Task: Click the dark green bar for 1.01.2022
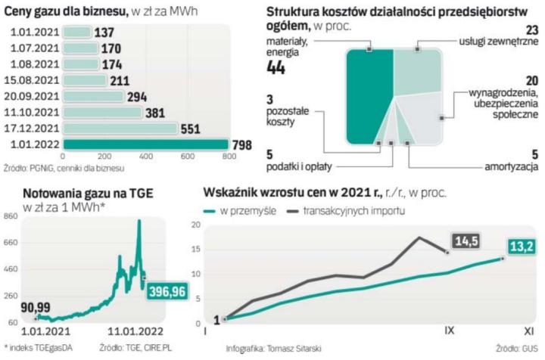[x=144, y=144]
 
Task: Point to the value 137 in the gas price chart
[x=104, y=33]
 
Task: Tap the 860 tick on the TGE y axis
[x=11, y=217]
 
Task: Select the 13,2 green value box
[x=523, y=246]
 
